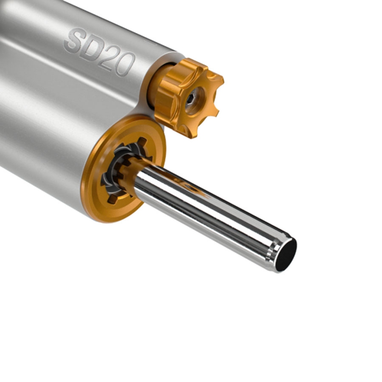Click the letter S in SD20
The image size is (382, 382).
click(74, 41)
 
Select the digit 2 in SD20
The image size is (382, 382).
click(109, 59)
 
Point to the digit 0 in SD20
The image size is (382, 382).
click(126, 65)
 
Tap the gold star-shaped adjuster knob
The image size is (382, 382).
click(189, 98)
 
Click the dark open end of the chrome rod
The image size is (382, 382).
click(286, 255)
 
